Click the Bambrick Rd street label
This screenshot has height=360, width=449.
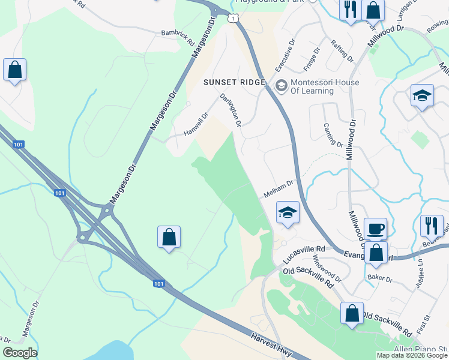pyautogui.click(x=178, y=37)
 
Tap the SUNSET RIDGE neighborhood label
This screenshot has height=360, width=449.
pyautogui.click(x=234, y=82)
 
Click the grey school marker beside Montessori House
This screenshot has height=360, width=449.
pyautogui.click(x=280, y=86)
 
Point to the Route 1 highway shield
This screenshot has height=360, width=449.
pyautogui.click(x=232, y=19)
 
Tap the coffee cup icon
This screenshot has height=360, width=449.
pyautogui.click(x=375, y=229)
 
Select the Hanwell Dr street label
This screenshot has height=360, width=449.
pyautogui.click(x=196, y=125)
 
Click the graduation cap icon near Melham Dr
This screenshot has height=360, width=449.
pyautogui.click(x=288, y=212)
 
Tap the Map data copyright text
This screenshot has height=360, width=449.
pyautogui.click(x=411, y=355)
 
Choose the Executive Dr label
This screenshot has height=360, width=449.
pyautogui.click(x=286, y=56)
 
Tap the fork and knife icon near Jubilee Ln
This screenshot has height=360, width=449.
pyautogui.click(x=431, y=226)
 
